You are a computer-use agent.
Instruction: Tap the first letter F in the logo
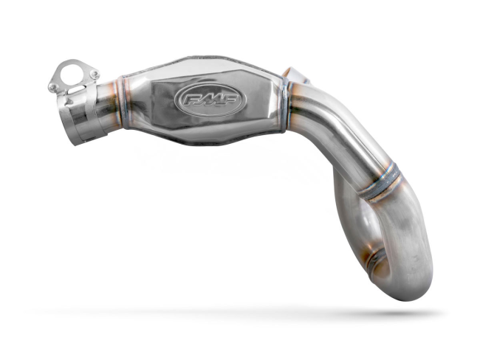(x=185, y=99)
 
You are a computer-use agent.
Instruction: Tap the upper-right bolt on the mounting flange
(x=95, y=74)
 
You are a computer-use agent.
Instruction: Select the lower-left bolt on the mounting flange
(x=52, y=87)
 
